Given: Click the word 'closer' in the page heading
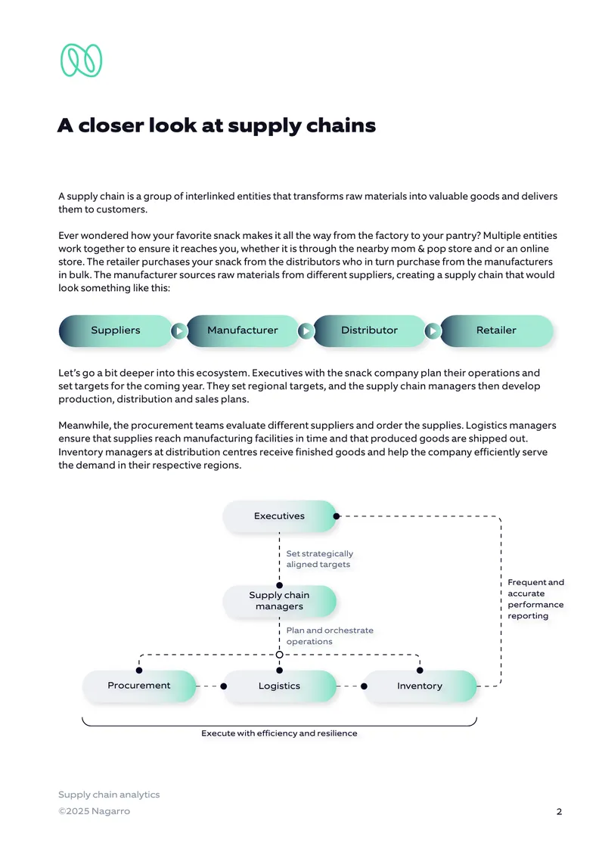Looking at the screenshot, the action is point(111,125).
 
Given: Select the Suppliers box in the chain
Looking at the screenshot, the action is point(115,330).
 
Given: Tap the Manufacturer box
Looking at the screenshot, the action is point(243,330).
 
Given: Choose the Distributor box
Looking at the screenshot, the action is point(370,330).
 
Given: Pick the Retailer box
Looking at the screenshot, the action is point(496,330).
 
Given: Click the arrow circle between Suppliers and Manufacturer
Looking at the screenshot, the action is point(178,331).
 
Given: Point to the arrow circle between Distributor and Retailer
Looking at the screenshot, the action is point(433,331).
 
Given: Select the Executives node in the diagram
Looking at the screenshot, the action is point(279,516).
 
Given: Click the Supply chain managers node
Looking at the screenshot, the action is point(279,601).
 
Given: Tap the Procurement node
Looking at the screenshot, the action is point(139,686).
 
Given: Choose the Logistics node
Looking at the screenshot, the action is point(279,686).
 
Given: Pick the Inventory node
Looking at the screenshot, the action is point(420,686).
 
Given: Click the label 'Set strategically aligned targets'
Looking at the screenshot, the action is point(320,559).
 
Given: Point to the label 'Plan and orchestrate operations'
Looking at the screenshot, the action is point(330,636).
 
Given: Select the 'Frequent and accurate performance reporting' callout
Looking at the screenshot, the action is point(535,599).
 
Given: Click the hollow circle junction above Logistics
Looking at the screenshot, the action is point(279,655).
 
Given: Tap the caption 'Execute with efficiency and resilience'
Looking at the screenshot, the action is point(279,733).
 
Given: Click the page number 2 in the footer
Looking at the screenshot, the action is point(560,812).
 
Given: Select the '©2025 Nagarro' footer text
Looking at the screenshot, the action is point(94,811).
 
